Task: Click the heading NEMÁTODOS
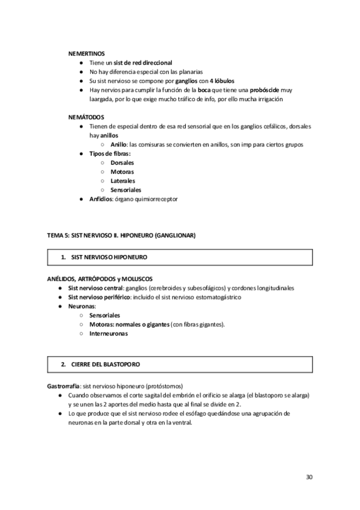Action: pos(87,117)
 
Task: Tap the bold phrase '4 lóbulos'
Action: pos(222,81)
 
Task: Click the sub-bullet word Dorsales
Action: pos(122,163)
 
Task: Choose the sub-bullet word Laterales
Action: pos(123,181)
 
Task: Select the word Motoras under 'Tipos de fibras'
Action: pos(122,172)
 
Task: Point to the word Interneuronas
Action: pos(108,334)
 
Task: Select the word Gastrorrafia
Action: pos(64,386)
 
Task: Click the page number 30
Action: pos(309,477)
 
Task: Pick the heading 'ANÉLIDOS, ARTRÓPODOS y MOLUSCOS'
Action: pos(100,279)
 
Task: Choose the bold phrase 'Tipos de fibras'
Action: pos(109,154)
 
